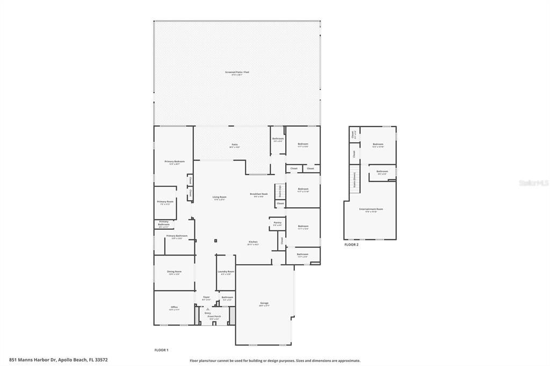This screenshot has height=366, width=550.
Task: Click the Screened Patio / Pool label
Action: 237,72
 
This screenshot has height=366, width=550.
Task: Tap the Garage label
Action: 264,303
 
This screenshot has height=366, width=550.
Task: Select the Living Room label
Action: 219,197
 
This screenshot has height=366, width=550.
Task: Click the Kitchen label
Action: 253,242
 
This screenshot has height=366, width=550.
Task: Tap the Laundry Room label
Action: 226,272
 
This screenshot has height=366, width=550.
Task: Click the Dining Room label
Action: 174,272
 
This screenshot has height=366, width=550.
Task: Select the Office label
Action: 174,308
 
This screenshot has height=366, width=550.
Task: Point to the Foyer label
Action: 206,297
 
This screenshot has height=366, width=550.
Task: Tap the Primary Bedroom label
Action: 174,162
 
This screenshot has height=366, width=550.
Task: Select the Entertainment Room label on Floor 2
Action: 371,209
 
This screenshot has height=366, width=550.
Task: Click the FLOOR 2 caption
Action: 351,245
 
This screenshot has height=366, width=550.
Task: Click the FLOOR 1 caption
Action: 162,350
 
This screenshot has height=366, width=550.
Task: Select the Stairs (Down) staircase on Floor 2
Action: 354,177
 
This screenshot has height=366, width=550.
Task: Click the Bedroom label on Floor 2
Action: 378,144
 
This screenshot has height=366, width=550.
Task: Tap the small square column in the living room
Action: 215,240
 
